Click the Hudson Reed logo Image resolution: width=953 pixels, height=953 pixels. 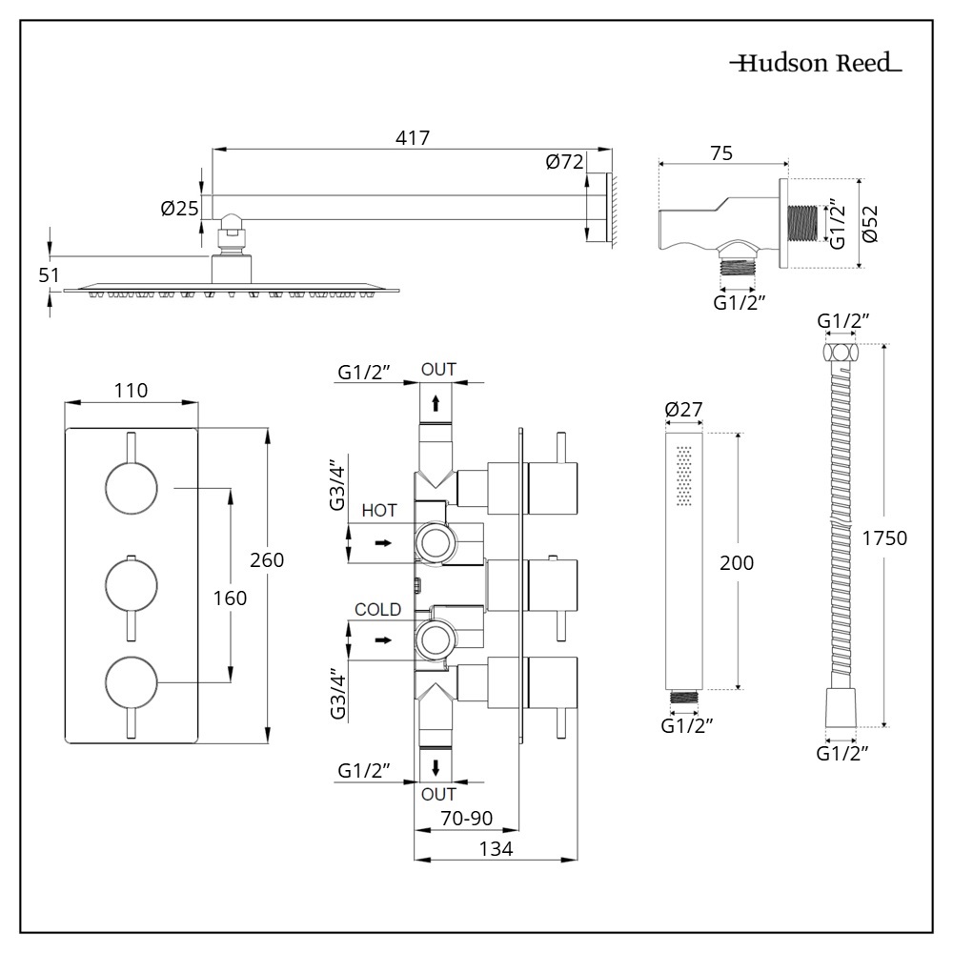pyautogui.click(x=816, y=65)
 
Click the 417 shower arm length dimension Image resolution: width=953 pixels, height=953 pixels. pyautogui.click(x=412, y=137)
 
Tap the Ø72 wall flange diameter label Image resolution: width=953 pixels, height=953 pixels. pyautogui.click(x=564, y=162)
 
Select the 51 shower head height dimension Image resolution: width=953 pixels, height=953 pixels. pyautogui.click(x=49, y=275)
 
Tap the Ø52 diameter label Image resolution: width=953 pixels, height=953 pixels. pyautogui.click(x=870, y=225)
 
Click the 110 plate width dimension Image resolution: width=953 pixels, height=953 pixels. pyautogui.click(x=131, y=390)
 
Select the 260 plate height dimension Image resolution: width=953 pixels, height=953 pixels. pyautogui.click(x=267, y=560)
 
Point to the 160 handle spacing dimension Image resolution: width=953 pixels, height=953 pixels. pyautogui.click(x=230, y=598)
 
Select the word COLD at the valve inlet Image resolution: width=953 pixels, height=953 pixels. pyautogui.click(x=377, y=610)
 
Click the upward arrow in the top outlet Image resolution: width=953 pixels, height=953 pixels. pyautogui.click(x=436, y=403)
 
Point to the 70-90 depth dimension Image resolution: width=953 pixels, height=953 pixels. pyautogui.click(x=467, y=817)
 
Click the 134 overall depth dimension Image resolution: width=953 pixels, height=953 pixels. pyautogui.click(x=496, y=848)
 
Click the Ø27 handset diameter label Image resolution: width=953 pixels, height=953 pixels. pyautogui.click(x=683, y=410)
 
